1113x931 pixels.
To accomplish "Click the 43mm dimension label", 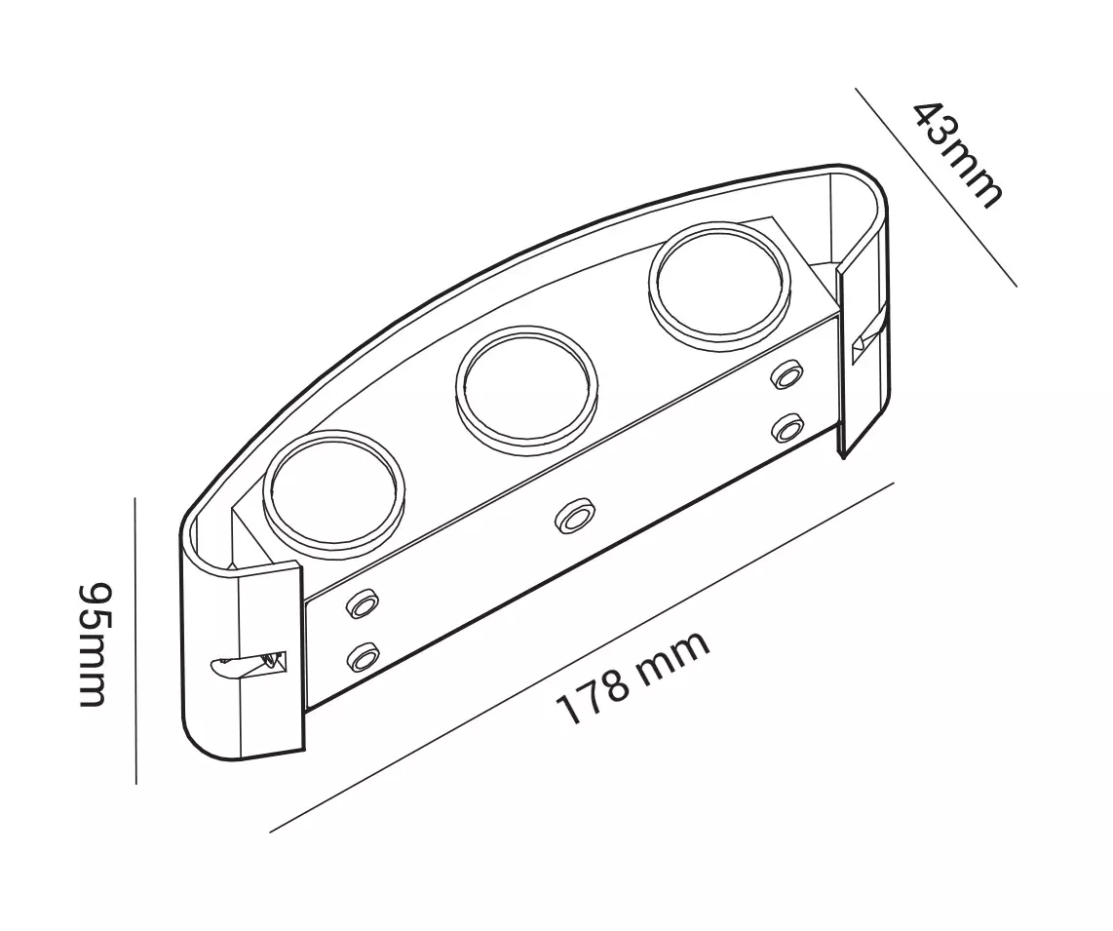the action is pos(956,154).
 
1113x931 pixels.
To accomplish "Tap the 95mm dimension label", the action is pos(96,644).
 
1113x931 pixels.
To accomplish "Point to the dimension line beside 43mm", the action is pos(936,187).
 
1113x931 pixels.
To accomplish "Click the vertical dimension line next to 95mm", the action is pos(134,640).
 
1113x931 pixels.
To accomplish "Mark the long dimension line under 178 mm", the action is pos(582,658).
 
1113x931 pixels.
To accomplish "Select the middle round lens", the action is pos(526,389).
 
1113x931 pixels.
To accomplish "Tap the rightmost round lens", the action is pos(719,281).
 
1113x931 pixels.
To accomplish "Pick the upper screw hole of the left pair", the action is pos(362,604).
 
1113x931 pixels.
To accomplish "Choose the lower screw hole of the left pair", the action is pos(363,658).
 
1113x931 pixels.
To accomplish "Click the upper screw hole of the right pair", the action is pos(787,374).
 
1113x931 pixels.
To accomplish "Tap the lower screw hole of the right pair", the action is pos(787,428).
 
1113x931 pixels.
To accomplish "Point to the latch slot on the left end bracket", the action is pos(249,663).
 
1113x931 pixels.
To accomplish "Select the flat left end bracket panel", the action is pos(270,659).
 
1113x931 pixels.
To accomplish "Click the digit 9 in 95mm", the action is pos(96,598).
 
